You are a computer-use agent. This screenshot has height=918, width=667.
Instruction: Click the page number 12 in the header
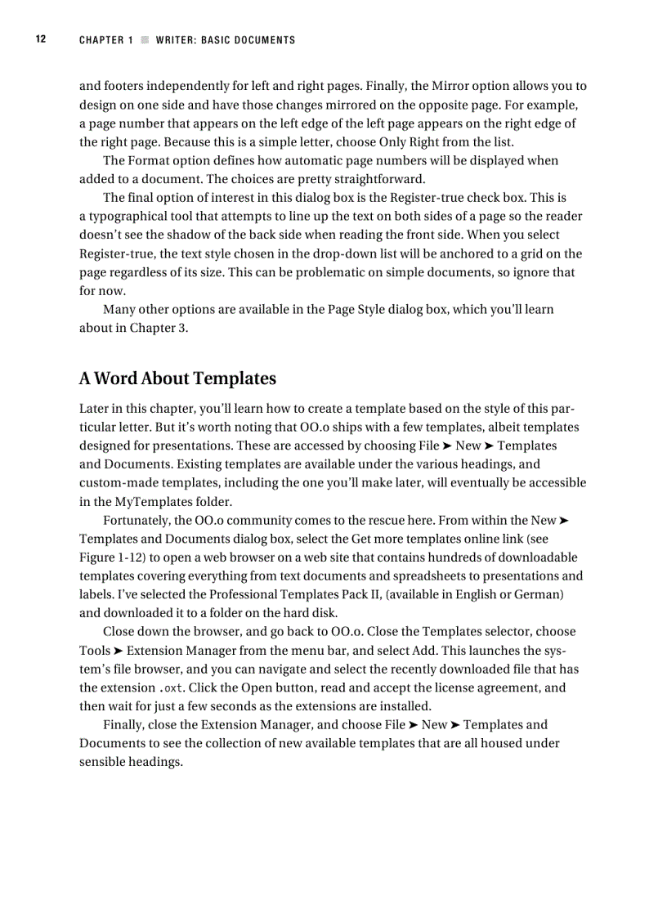[x=40, y=39]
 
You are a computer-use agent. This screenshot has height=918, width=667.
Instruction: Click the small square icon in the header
[x=145, y=40]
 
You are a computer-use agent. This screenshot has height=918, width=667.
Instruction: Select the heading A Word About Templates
[x=177, y=378]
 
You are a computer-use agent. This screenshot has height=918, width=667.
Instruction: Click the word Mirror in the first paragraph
[x=450, y=86]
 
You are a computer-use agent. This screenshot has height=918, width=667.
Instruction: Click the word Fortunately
[x=137, y=521]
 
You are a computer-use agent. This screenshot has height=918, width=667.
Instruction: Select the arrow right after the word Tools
[x=119, y=651]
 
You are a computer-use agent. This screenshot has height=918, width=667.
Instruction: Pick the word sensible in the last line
[x=102, y=762]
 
